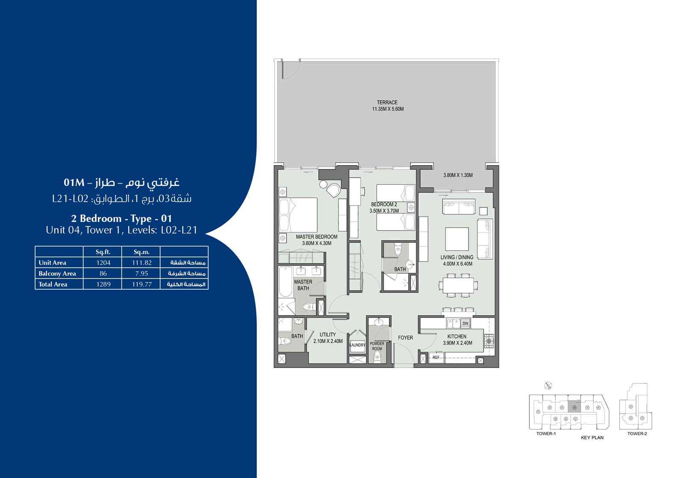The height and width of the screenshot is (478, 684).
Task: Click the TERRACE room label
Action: pos(387,103)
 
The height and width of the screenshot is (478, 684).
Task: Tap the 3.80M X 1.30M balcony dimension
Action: pos(458,175)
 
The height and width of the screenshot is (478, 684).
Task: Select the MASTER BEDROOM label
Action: pos(316,237)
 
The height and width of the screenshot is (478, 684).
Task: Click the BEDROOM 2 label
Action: pos(384,205)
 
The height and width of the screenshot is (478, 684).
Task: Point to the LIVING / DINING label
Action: pos(457,258)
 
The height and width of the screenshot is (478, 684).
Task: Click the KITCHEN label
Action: pos(457,337)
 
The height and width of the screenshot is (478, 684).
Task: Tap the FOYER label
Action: pos(405,338)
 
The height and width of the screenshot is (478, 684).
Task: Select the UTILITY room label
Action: pos(327,335)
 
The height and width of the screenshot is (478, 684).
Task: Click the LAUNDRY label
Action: pos(357,345)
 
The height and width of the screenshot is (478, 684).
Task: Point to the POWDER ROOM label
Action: pos(377,346)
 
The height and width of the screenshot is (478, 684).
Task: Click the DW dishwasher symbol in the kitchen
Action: pos(466,324)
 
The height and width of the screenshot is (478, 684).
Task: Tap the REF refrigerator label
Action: pos(436,357)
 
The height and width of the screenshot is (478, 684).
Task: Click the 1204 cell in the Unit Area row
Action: pos(103,263)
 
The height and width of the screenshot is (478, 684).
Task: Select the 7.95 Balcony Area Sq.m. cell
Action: pos(142,273)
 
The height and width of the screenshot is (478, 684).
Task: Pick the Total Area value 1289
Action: pos(103,284)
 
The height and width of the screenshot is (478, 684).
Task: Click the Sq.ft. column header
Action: pos(103,252)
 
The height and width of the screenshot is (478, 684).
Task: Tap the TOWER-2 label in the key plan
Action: pos(637,433)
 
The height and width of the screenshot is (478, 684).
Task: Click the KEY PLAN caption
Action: pos(592,438)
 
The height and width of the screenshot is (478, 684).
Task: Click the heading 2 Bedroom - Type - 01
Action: pos(121,219)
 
